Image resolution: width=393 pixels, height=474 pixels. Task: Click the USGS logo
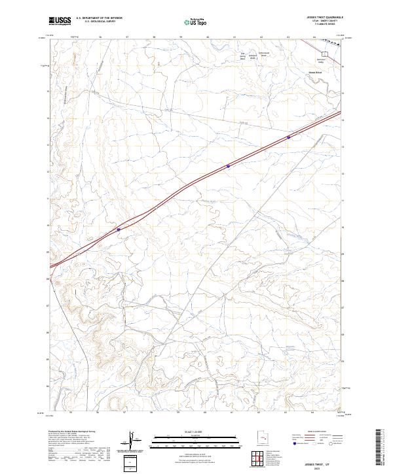click(x=60, y=22)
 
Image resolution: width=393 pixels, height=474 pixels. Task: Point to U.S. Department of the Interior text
click(x=99, y=18)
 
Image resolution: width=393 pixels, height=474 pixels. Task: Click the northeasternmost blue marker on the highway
click(x=289, y=137)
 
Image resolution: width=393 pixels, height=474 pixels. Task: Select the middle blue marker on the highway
click(x=228, y=166)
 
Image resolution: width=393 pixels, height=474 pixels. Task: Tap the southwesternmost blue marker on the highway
click(x=119, y=229)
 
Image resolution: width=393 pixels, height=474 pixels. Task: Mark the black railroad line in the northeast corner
click(x=331, y=41)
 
